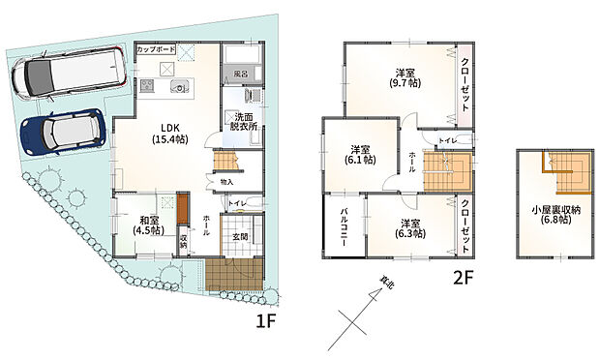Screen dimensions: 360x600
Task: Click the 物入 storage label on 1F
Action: [226, 181]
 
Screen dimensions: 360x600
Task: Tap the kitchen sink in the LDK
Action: [181, 86]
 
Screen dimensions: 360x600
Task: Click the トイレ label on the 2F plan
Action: [448, 142]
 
